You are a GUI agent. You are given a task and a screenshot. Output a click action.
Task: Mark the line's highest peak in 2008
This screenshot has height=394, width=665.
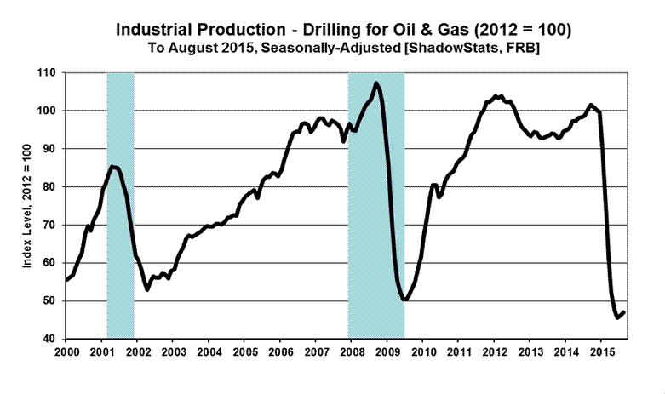[x=376, y=83]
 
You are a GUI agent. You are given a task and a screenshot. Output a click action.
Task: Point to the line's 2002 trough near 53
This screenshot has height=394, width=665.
[x=147, y=289]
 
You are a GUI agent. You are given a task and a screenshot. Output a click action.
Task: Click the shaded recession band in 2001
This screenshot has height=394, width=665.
[x=120, y=255]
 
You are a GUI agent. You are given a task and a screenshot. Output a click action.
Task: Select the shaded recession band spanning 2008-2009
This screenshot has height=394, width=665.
[x=375, y=213]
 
